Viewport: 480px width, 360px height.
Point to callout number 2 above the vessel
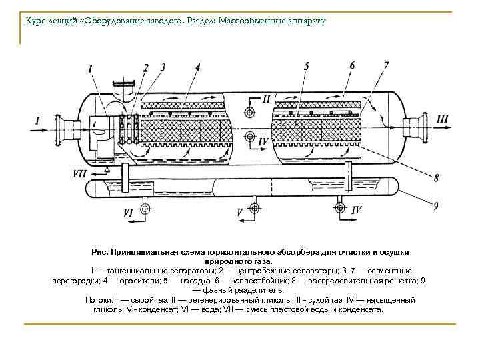pyautogui.click(x=145, y=67)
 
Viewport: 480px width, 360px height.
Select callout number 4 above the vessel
pyautogui.click(x=198, y=67)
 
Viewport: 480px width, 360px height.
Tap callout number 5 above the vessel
pyautogui.click(x=306, y=65)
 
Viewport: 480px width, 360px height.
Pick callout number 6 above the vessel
pyautogui.click(x=352, y=65)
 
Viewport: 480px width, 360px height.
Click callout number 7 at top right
pyautogui.click(x=386, y=65)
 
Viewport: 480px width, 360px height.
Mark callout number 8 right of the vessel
pyautogui.click(x=436, y=178)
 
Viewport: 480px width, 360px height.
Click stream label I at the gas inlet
pyautogui.click(x=37, y=121)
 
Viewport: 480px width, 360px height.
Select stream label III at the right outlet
pyautogui.click(x=443, y=119)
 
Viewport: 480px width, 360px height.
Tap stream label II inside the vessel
pyautogui.click(x=266, y=99)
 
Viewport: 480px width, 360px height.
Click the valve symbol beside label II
pyautogui.click(x=250, y=110)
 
